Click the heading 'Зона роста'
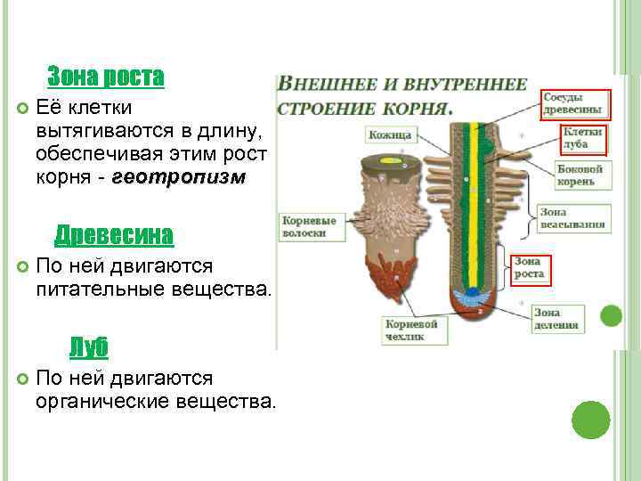point(105,77)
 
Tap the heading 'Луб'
point(89,346)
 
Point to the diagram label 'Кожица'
point(389,135)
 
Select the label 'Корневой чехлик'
point(411,330)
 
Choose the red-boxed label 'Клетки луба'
point(582,137)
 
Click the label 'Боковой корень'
point(580,175)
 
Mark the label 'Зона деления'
point(560,319)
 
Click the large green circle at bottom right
point(590,419)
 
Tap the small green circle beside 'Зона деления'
point(610,315)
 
